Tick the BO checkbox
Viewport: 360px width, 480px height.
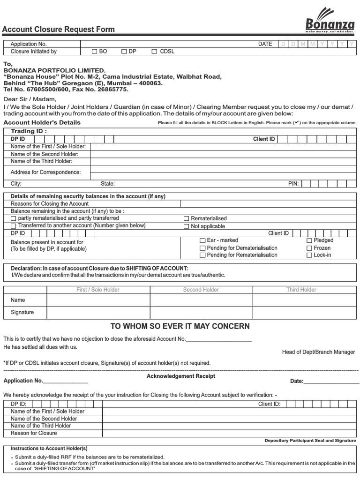tap(94, 52)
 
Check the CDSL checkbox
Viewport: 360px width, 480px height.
tap(154, 52)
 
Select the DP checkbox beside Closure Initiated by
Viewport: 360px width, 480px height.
tap(124, 52)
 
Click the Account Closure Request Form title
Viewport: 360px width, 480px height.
tap(59, 29)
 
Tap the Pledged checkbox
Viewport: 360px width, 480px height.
tap(309, 240)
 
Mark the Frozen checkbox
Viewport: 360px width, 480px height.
tap(309, 248)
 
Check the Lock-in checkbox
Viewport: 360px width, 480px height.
tap(309, 255)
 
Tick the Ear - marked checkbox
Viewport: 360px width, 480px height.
tap(202, 240)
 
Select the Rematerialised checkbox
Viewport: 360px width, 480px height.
tap(187, 218)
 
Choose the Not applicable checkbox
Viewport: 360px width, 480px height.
tap(187, 226)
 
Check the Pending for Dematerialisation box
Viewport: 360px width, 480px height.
tap(202, 248)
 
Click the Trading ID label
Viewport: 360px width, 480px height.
tap(29, 131)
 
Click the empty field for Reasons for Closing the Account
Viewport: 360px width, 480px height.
tap(268, 204)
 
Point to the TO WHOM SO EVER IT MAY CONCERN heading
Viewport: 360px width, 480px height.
tap(180, 326)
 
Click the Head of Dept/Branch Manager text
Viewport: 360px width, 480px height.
tap(318, 352)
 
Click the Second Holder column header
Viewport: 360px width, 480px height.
tap(201, 290)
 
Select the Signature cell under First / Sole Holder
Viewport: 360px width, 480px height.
tap(98, 312)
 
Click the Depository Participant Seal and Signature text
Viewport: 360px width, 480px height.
tap(310, 441)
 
